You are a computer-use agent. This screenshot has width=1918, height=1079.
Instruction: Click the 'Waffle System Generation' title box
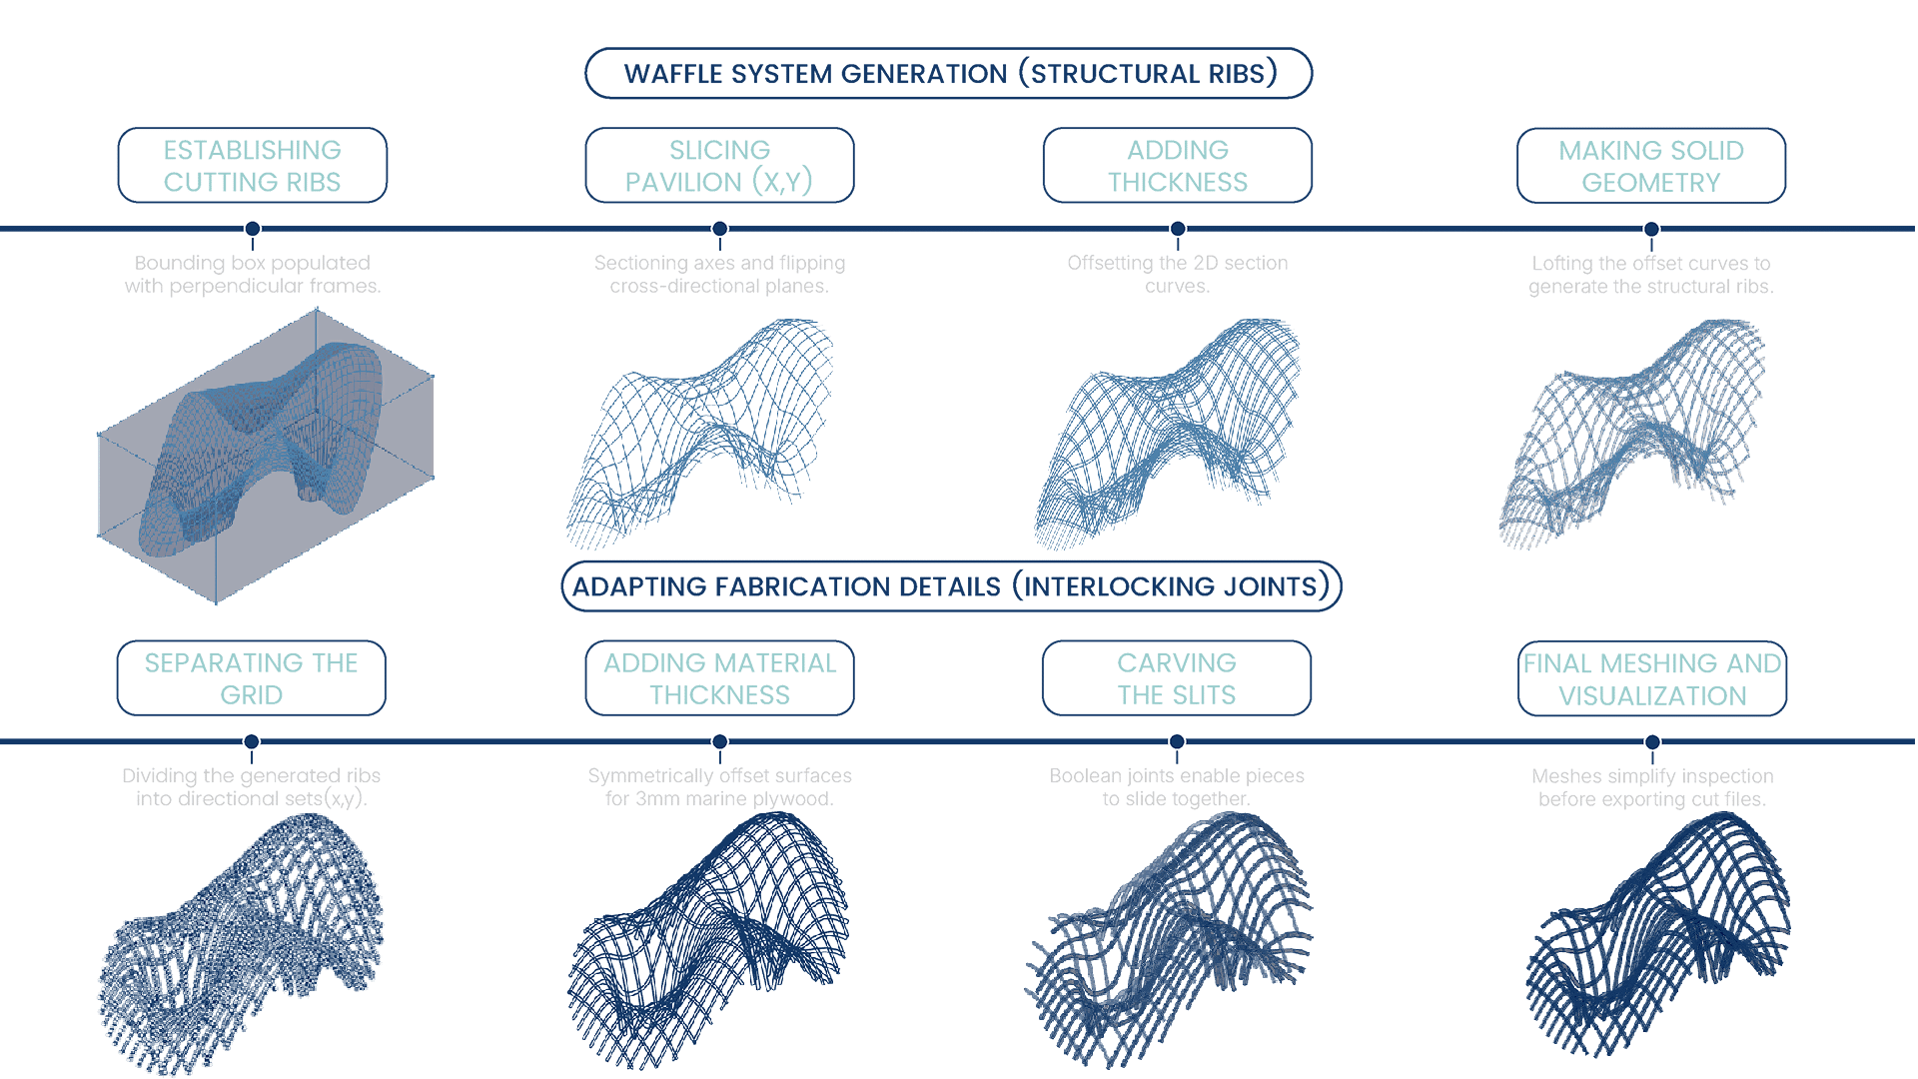pos(948,73)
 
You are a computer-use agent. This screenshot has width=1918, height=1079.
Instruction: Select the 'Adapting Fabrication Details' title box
pos(951,586)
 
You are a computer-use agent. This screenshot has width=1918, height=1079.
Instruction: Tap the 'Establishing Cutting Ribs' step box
pos(253,165)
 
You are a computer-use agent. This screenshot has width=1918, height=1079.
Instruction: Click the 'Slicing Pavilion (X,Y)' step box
pos(719,165)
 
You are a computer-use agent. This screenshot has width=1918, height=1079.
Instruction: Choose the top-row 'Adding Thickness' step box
pos(1178,165)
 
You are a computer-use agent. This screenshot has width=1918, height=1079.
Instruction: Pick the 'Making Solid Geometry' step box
pos(1651,166)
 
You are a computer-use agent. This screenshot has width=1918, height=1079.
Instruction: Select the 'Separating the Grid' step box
pos(252,678)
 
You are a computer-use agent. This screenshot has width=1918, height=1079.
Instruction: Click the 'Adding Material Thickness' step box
pos(719,678)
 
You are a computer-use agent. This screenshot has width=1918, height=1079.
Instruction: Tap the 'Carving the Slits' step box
pos(1177,678)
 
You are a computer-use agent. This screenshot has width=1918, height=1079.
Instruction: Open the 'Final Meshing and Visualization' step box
pos(1652,679)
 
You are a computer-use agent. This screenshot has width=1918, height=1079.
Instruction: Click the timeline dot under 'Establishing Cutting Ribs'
pos(253,229)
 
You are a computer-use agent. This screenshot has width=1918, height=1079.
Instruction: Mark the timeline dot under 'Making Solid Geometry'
pos(1651,229)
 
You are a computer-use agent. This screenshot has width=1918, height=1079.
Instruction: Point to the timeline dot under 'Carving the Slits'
pos(1177,741)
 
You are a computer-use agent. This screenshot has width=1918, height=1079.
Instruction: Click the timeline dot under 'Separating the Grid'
pos(252,741)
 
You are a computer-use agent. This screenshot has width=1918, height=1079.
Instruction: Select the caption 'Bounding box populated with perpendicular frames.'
pos(253,274)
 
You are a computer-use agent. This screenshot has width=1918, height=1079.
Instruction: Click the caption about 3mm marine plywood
pos(719,787)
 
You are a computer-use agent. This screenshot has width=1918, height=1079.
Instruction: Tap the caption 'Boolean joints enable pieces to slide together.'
pos(1177,787)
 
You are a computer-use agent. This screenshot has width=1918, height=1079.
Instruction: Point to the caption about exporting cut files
pos(1652,787)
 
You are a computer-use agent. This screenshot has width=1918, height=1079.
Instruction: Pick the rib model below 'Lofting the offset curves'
pos(1632,432)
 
